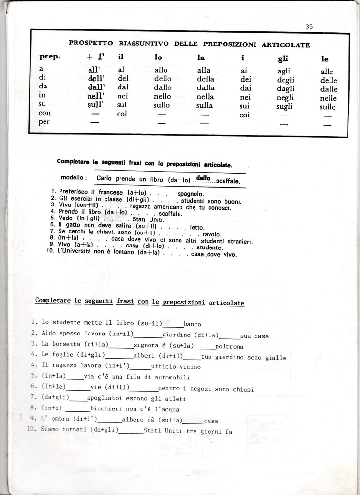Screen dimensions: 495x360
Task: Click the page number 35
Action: click(309, 27)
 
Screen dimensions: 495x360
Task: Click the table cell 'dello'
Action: click(163, 79)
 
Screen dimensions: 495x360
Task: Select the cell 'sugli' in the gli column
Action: click(285, 106)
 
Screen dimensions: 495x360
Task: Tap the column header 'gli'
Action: click(283, 58)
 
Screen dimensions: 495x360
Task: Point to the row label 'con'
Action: click(45, 113)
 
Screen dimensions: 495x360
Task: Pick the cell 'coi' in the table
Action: click(244, 115)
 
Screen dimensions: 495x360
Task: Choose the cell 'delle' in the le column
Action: click(328, 80)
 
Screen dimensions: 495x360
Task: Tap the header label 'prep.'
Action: click(49, 57)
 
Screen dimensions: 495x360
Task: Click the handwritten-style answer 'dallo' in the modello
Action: click(203, 178)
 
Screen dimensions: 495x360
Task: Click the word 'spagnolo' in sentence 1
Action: click(184, 194)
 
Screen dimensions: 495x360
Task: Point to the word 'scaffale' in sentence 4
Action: click(170, 213)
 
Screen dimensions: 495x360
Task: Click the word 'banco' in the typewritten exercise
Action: click(192, 324)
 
